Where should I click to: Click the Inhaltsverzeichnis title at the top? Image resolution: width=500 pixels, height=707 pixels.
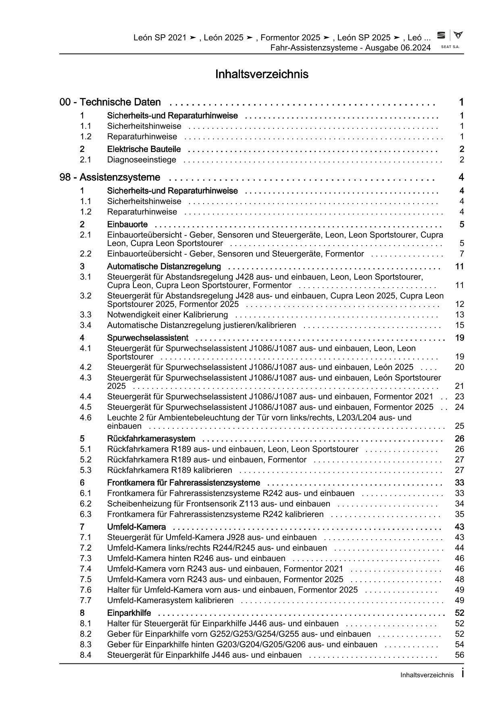click(262, 74)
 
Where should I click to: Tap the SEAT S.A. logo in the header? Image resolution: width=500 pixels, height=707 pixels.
click(450, 39)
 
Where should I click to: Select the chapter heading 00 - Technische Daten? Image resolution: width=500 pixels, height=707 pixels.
click(110, 102)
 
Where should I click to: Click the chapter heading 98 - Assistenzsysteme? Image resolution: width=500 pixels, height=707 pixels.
click(110, 177)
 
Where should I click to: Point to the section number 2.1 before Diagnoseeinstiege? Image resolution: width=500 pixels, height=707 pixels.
click(85, 160)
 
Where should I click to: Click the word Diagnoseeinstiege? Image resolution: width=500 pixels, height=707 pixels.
click(142, 160)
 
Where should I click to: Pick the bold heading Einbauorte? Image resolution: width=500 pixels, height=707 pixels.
click(127, 224)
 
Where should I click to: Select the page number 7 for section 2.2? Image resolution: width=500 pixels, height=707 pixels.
click(462, 254)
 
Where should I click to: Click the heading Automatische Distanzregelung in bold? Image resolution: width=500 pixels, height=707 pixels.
click(164, 266)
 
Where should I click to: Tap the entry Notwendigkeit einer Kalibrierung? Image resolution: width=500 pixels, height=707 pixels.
click(167, 315)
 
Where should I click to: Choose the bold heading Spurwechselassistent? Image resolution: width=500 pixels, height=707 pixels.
click(148, 338)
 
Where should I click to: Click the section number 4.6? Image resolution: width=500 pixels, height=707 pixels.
click(85, 417)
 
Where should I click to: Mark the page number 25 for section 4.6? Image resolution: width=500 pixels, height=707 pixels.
click(459, 426)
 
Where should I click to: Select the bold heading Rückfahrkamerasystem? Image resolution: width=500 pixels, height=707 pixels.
click(151, 438)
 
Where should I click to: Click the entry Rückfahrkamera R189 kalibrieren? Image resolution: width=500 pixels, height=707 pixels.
click(170, 470)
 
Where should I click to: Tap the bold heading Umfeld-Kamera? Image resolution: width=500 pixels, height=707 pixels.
click(136, 527)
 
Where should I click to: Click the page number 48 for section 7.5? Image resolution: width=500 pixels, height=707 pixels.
click(459, 579)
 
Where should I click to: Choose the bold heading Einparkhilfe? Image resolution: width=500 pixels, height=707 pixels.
click(129, 613)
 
